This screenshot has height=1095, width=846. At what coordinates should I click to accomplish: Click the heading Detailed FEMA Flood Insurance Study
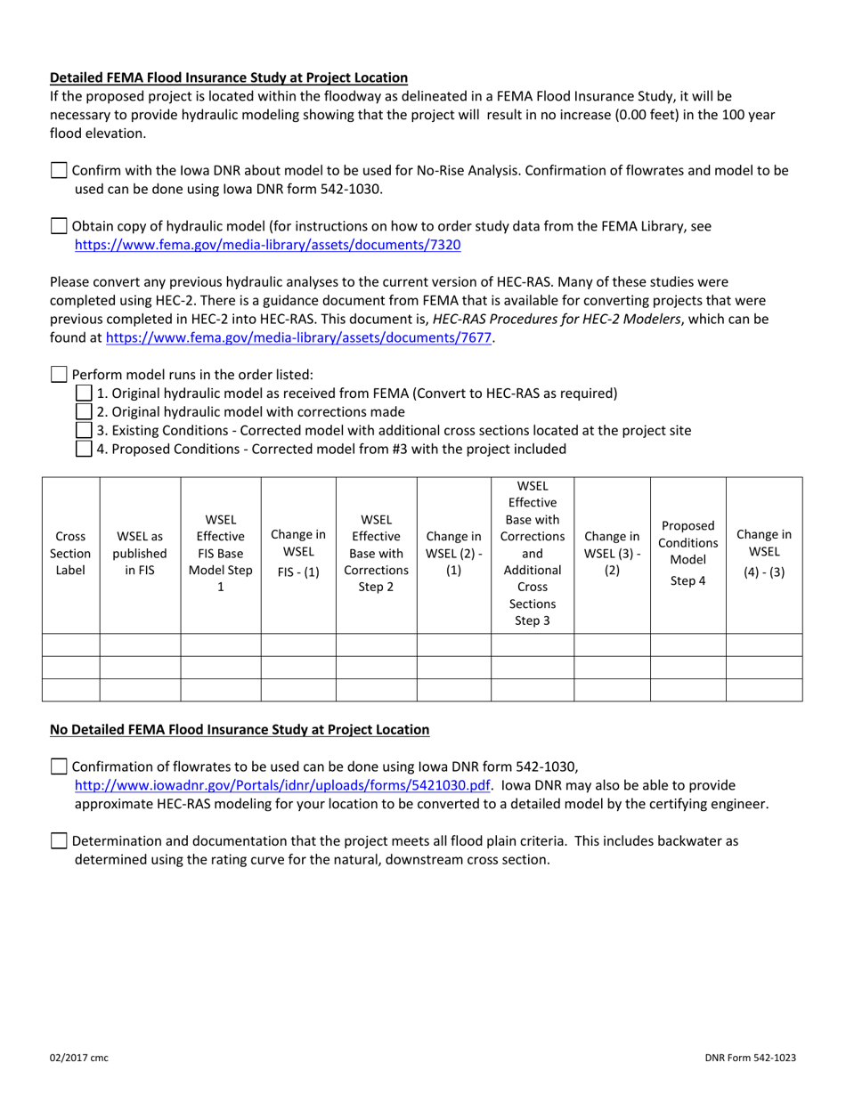[229, 77]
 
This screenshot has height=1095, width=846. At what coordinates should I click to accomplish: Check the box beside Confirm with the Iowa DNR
[59, 170]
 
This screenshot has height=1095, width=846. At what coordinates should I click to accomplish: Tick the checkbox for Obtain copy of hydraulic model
[59, 226]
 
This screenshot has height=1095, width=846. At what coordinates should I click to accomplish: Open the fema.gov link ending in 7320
[267, 244]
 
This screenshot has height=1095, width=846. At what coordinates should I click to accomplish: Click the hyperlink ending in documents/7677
[298, 337]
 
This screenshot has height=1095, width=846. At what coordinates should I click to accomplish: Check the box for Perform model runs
[59, 375]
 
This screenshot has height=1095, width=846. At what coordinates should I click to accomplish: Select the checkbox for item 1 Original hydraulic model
[84, 393]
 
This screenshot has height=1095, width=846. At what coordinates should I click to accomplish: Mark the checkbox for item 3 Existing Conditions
[84, 430]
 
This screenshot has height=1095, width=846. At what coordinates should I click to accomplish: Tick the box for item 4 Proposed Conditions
[84, 449]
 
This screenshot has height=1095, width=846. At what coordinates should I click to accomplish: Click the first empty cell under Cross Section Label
[70, 645]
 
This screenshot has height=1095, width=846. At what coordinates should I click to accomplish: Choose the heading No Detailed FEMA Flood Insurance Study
[239, 730]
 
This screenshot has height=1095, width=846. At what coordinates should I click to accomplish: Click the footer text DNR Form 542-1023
[748, 1058]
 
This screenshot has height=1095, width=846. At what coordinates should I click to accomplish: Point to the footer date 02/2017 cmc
[78, 1058]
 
